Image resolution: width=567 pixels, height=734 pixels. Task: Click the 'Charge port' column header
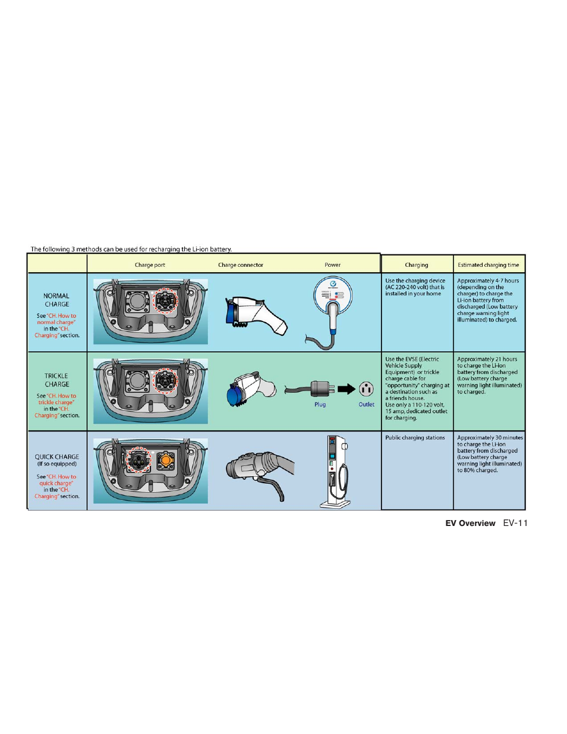(150, 265)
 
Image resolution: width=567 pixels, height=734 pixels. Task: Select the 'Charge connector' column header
(240, 265)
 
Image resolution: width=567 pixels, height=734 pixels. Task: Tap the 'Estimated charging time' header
(488, 265)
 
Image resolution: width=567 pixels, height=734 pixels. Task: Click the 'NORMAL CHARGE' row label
(57, 300)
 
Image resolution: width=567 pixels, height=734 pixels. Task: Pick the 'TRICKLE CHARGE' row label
(57, 380)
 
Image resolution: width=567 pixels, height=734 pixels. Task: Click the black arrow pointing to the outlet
(346, 389)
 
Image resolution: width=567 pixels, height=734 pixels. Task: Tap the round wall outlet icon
(366, 389)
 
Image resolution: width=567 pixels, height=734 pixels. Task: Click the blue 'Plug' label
(320, 405)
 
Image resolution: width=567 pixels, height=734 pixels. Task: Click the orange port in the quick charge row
(166, 460)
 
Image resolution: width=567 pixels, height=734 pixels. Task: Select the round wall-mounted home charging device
(333, 295)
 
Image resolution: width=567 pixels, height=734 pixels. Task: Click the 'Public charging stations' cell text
(415, 438)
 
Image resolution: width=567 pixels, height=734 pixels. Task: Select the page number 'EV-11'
(515, 524)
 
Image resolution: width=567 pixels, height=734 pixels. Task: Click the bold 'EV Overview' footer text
(470, 524)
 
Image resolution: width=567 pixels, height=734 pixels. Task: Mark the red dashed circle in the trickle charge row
(166, 380)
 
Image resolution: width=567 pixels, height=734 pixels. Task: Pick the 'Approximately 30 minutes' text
(490, 438)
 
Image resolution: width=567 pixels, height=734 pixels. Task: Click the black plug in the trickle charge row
(322, 389)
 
